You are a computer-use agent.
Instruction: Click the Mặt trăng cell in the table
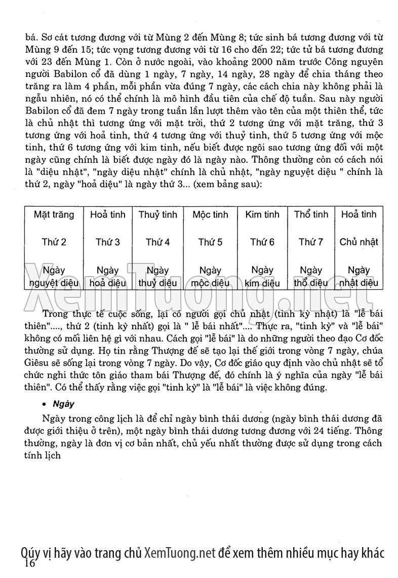54,214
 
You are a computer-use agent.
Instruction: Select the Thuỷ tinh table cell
157,214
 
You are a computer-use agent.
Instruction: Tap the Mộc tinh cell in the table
210,214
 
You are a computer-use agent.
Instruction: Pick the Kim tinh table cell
262,214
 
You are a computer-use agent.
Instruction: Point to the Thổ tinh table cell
311,214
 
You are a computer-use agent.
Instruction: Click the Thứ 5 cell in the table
210,242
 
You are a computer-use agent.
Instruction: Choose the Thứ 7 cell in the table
311,242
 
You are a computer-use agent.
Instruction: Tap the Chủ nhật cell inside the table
359,242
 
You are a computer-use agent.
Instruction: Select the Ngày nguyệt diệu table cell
54,277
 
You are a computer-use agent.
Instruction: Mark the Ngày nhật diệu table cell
359,277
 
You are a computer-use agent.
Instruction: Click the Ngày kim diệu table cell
262,277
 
